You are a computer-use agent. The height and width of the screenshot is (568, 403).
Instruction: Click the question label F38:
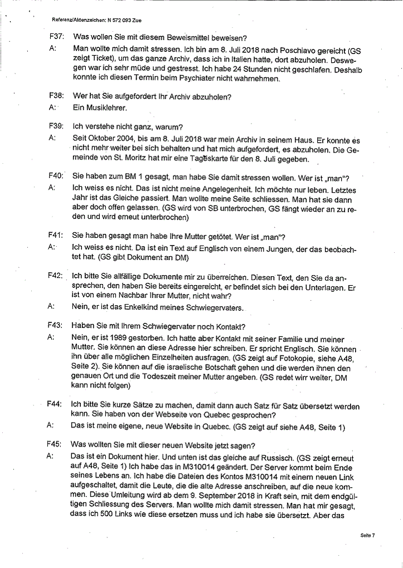(x=56, y=97)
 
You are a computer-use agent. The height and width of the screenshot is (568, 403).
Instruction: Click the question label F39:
(x=56, y=126)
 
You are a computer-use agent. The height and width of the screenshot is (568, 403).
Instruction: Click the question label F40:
(x=56, y=177)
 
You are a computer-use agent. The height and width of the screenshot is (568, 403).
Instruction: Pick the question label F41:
(x=56, y=236)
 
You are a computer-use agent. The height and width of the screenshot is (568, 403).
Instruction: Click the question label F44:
(x=56, y=406)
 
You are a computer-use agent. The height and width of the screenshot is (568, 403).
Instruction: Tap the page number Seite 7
(x=367, y=536)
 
